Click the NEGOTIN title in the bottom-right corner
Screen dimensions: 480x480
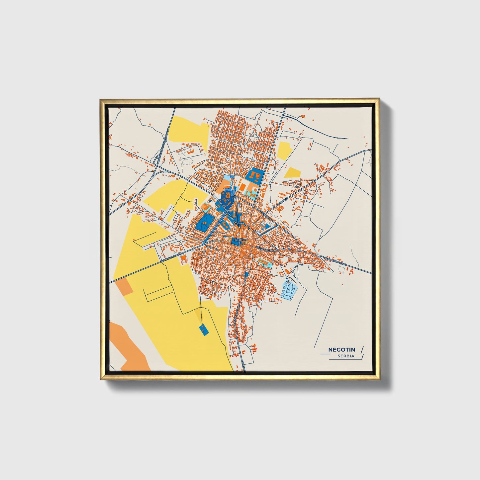pos(341,349)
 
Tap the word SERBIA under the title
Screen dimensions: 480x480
pos(346,356)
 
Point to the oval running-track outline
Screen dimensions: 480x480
pos(188,161)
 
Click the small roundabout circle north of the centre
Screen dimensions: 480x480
pos(235,198)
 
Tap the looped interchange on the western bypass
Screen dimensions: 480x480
pos(156,161)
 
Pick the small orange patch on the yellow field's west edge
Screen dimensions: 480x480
pos(124,286)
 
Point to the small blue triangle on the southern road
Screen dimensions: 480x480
pos(246,275)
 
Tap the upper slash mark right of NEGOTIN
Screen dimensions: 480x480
pos(362,349)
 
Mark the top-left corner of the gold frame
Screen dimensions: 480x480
pos(100,99)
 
